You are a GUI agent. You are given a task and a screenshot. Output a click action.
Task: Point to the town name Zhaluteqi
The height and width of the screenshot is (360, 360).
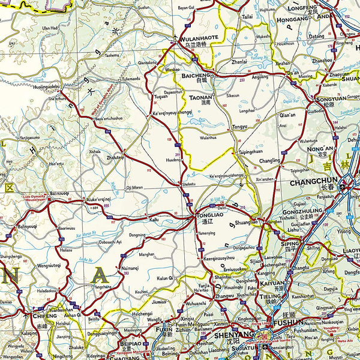pos(116,157)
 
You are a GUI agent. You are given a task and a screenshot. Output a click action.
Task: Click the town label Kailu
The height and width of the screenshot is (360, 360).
pos(154,220)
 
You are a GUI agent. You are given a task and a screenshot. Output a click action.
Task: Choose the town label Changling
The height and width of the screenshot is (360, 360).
pos(269,161)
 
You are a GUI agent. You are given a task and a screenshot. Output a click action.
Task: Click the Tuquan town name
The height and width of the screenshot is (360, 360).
pos(161,96)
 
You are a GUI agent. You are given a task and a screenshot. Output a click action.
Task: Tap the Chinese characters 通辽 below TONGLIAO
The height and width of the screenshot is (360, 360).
pos(204,221)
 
